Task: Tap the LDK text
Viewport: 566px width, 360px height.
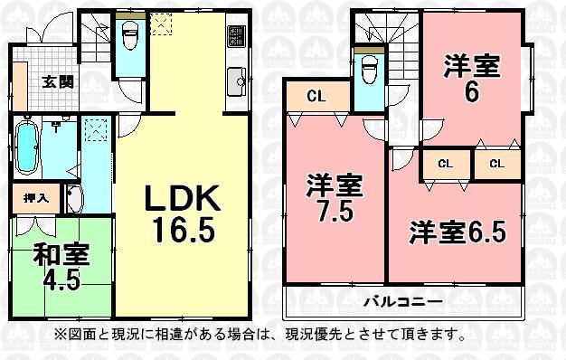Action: [178, 197]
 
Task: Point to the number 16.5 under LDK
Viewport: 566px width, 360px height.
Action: [184, 230]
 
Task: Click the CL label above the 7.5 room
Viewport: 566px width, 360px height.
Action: [316, 93]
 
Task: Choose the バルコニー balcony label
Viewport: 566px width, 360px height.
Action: [402, 300]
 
